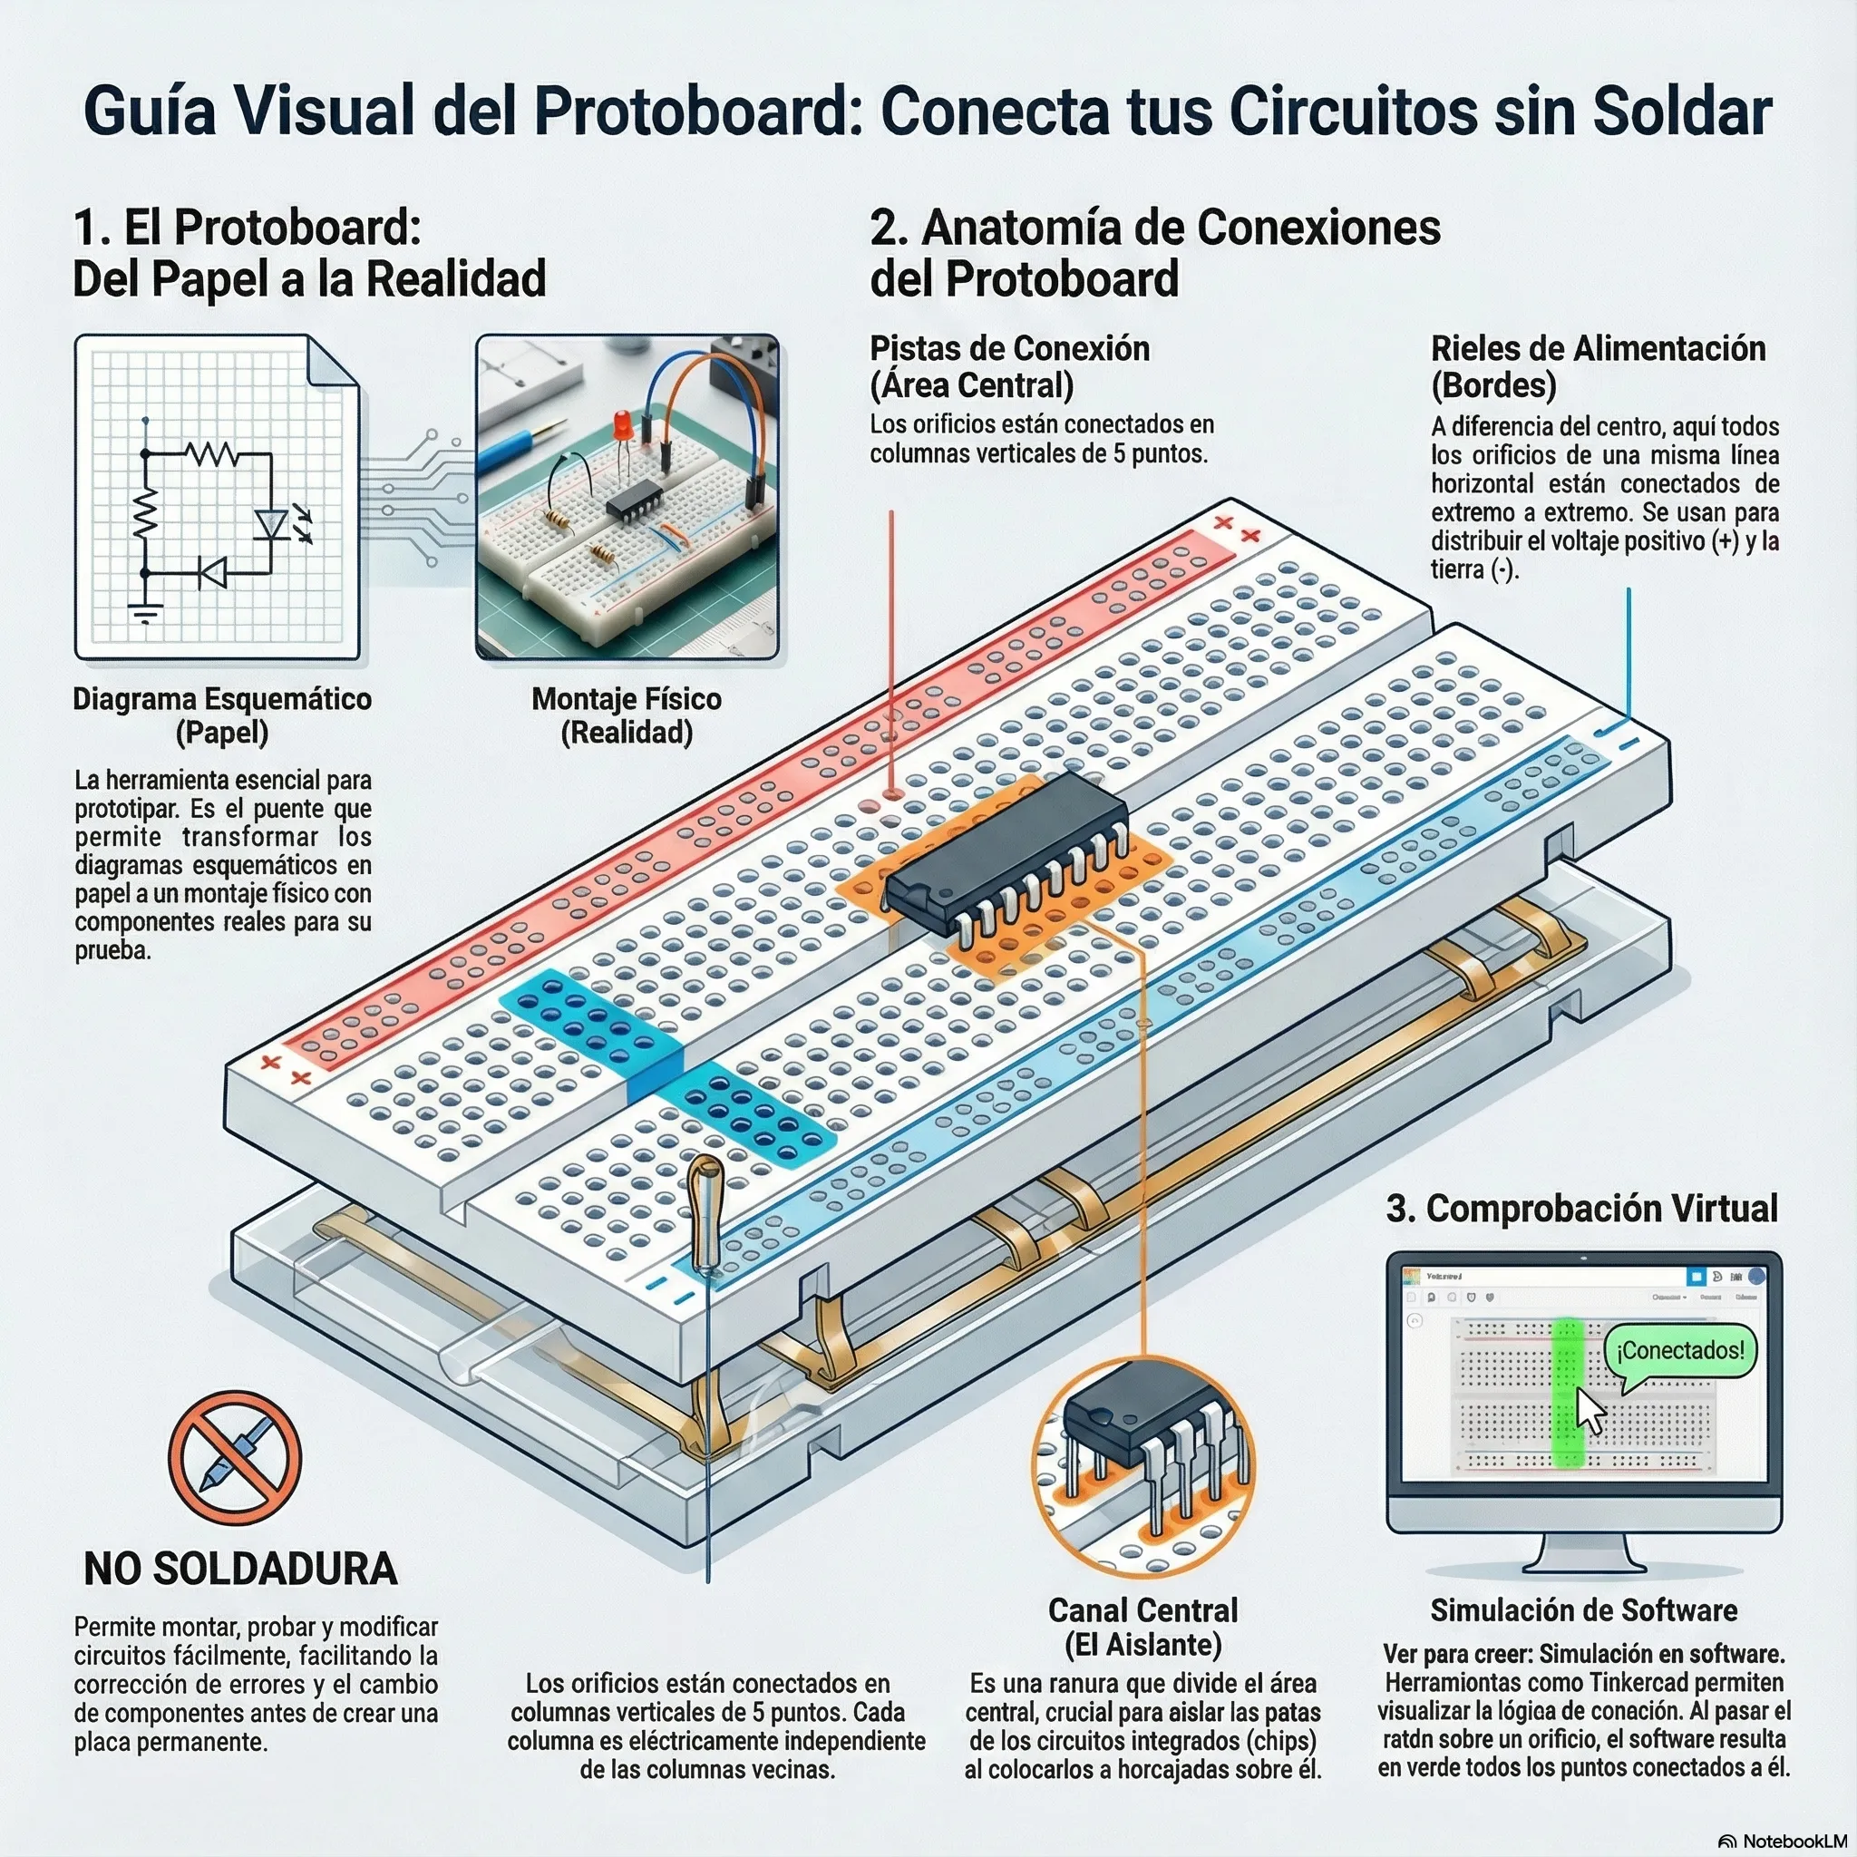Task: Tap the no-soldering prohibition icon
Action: (x=235, y=1458)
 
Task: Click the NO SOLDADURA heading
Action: (x=240, y=1569)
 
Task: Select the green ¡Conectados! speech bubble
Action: (x=1679, y=1350)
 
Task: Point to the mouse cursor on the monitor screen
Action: (x=1590, y=1411)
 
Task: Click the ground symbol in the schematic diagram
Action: (x=146, y=611)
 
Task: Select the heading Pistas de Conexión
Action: (x=1009, y=348)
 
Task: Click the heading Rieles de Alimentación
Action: (x=1598, y=348)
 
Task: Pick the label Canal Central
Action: (x=1142, y=1610)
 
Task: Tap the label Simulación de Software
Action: (x=1583, y=1610)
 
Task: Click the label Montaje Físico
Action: (x=627, y=699)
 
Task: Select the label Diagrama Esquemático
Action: (x=222, y=699)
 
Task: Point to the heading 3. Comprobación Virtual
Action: (x=1581, y=1208)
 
